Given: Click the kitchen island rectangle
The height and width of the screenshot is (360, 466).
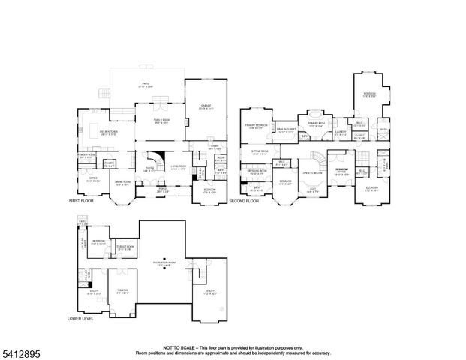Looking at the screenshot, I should tap(98, 126).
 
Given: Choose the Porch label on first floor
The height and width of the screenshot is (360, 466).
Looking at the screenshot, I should tap(163, 190).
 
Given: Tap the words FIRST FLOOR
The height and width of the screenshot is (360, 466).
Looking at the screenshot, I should tap(83, 202).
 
